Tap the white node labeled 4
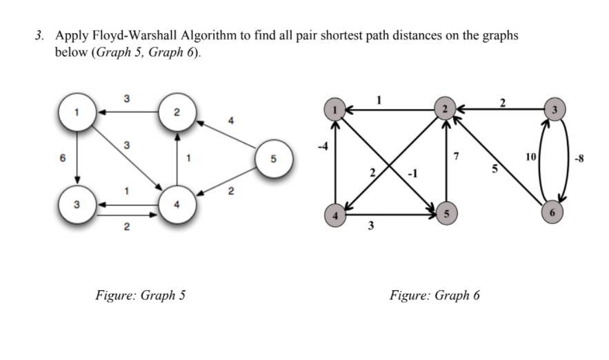click(x=178, y=205)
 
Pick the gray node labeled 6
click(x=551, y=212)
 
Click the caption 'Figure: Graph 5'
click(x=140, y=295)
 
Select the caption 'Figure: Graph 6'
click(x=434, y=295)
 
